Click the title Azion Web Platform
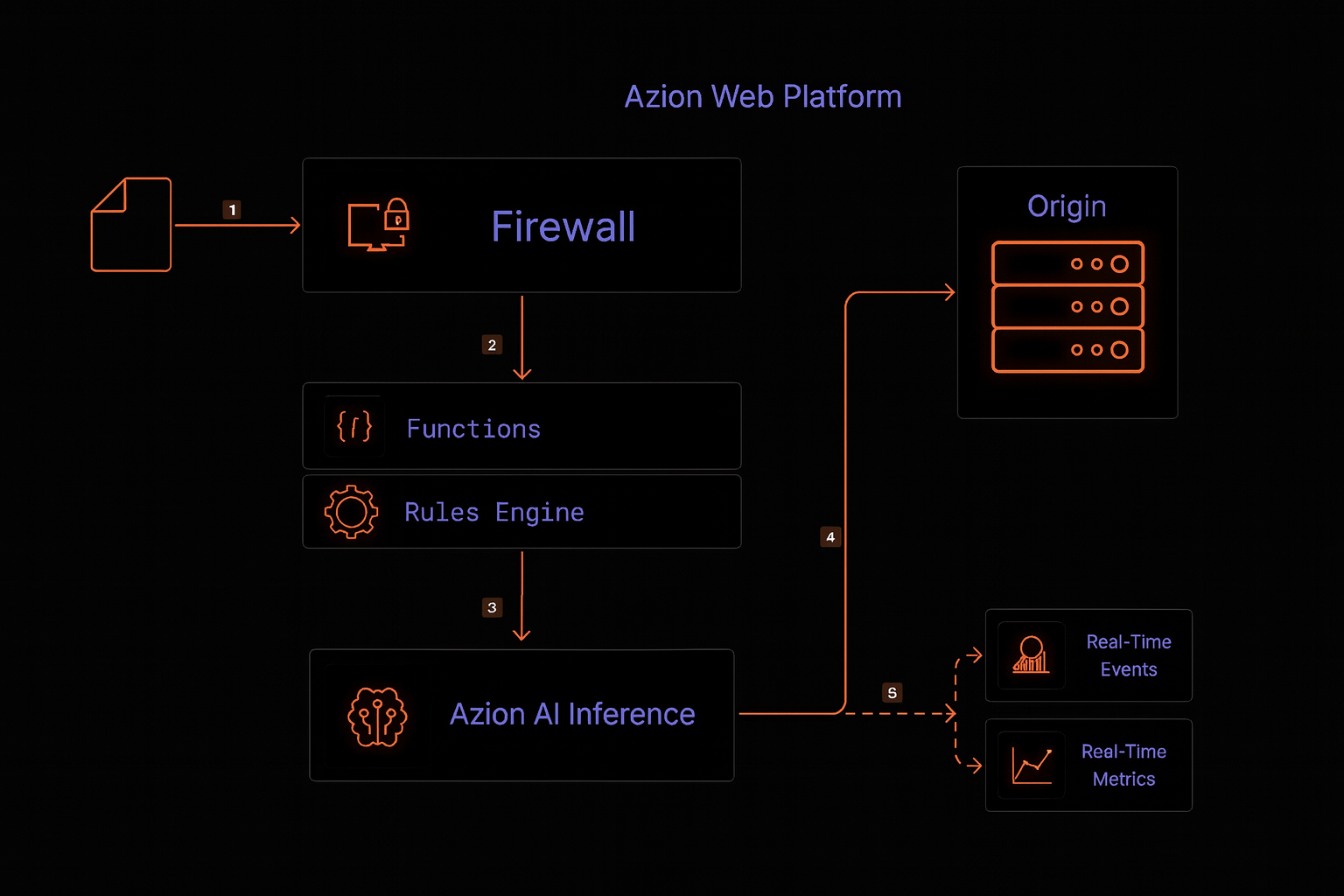pyautogui.click(x=762, y=96)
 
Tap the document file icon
pyautogui.click(x=131, y=225)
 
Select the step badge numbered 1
pyautogui.click(x=232, y=210)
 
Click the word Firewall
pyautogui.click(x=563, y=227)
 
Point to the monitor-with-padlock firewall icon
pyautogui.click(x=378, y=225)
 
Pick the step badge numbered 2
pyautogui.click(x=492, y=345)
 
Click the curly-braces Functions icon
pyautogui.click(x=354, y=427)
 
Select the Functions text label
pyautogui.click(x=473, y=429)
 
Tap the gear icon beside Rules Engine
pyautogui.click(x=351, y=512)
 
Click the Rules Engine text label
pyautogui.click(x=493, y=512)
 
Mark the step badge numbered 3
pyautogui.click(x=492, y=607)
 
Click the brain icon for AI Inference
pyautogui.click(x=377, y=717)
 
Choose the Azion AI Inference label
pyautogui.click(x=572, y=714)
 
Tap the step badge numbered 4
pyautogui.click(x=830, y=536)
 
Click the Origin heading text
pyautogui.click(x=1067, y=206)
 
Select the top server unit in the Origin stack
pyautogui.click(x=1067, y=263)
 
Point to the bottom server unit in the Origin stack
pyautogui.click(x=1067, y=350)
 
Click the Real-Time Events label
pyautogui.click(x=1129, y=655)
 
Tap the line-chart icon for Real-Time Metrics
pyautogui.click(x=1032, y=766)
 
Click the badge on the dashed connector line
pyautogui.click(x=892, y=693)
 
